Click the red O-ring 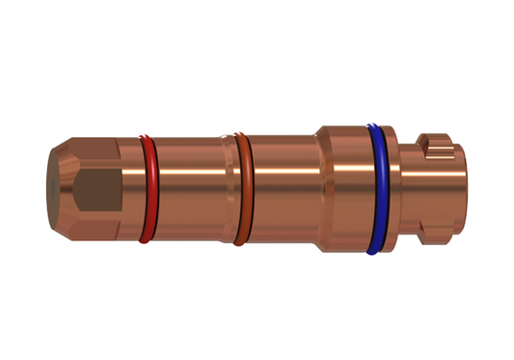coord(147,188)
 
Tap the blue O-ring coord(375,188)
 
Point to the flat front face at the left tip coord(53,189)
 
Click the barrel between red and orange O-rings coord(188,188)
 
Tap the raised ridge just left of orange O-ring coord(228,188)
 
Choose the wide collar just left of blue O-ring coord(345,188)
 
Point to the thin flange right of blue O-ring coord(391,188)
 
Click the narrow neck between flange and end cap coord(410,188)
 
